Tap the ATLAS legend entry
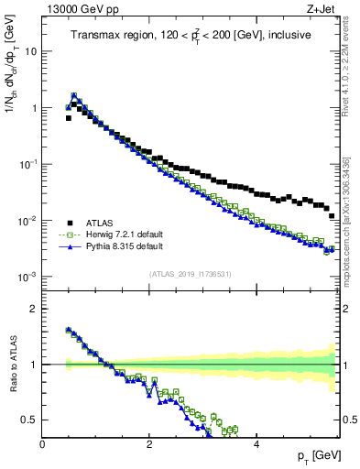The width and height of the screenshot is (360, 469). click(x=106, y=223)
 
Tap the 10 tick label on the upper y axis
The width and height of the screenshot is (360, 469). click(x=30, y=51)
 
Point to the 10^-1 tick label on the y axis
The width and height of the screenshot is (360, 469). click(x=27, y=164)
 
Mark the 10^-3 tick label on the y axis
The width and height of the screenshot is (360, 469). click(x=27, y=277)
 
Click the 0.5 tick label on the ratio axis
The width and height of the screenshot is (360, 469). click(x=29, y=420)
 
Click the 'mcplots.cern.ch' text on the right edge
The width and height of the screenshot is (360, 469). click(x=348, y=237)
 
